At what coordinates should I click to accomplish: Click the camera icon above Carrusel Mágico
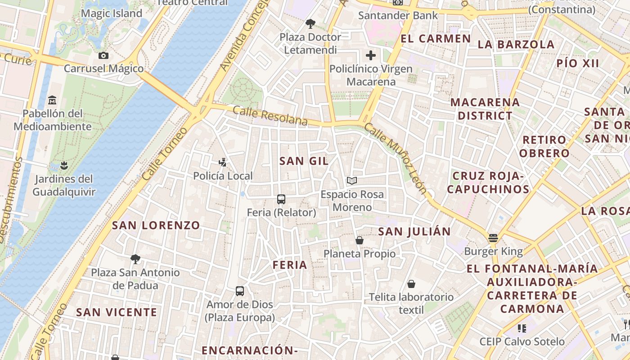coord(103,56)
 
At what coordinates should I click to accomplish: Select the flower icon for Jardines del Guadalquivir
coord(64,165)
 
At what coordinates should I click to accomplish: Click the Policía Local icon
coord(222,162)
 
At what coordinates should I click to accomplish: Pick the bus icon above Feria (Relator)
coord(281,199)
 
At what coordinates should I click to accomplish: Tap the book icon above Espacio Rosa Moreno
coord(352,181)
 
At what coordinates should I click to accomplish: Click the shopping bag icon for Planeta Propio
coord(360,240)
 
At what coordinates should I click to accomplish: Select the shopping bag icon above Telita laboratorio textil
coord(411,284)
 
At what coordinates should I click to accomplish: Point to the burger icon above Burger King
coord(493,238)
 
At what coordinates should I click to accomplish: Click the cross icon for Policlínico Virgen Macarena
coord(371,55)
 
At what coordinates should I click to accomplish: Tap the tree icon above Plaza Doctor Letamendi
coord(310,23)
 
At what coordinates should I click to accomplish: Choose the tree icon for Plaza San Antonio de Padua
coord(135,259)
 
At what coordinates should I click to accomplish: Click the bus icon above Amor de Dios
coord(240,291)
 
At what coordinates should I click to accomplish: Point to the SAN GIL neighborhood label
coord(304,161)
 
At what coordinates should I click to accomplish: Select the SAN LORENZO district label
coord(156,225)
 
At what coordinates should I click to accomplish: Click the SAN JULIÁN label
coord(414,232)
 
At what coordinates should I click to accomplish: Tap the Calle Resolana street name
coord(270,116)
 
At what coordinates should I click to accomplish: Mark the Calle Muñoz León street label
coord(396,158)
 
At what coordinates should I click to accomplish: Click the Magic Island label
coord(112,13)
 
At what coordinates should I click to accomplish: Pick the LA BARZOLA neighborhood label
coord(516,45)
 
